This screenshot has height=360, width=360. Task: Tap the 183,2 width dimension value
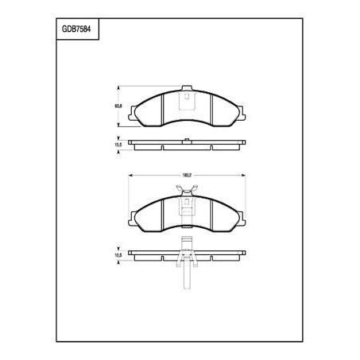point(188,175)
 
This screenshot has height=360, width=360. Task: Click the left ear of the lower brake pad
point(134,214)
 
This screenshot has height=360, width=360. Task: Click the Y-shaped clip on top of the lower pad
point(188,191)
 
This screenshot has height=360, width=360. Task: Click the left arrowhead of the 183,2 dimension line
point(130,175)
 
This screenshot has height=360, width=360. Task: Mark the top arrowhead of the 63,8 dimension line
point(119,87)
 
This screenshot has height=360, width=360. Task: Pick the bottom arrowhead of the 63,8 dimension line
point(119,125)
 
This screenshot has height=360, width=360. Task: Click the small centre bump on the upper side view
point(188,141)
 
